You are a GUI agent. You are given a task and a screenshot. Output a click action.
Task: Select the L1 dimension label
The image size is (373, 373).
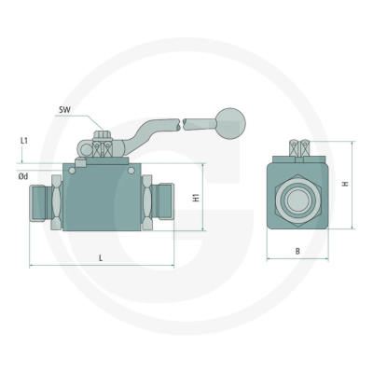point(24,141)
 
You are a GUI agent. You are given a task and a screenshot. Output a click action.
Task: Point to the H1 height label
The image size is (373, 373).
point(195,198)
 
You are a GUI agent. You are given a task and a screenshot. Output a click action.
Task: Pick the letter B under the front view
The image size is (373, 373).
point(297,251)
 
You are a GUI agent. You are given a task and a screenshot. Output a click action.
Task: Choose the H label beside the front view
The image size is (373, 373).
point(345,185)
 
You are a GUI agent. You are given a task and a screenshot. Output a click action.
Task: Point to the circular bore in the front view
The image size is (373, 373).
point(297,197)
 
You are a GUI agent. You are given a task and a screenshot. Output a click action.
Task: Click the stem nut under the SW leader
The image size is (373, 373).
point(104,149)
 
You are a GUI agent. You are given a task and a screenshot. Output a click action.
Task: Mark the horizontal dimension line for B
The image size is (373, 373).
point(297,258)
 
